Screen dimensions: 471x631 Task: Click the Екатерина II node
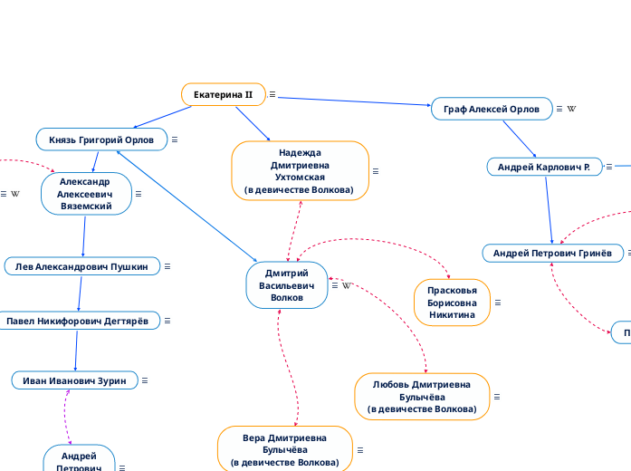tap(223, 94)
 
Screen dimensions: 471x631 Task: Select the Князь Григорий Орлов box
tap(101, 139)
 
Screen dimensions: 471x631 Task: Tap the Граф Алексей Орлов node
tap(492, 109)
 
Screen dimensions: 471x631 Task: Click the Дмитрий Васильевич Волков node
tap(287, 284)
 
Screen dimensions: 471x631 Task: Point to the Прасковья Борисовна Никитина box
tap(452, 303)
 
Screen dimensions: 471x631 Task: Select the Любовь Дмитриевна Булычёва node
tap(422, 397)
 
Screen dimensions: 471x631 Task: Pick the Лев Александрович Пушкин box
tap(82, 266)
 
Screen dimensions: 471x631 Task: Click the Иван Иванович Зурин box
tap(75, 380)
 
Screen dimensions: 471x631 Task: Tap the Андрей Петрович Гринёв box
tap(552, 253)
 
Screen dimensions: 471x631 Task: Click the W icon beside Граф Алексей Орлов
tap(571, 109)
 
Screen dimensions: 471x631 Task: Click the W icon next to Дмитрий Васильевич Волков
tap(346, 285)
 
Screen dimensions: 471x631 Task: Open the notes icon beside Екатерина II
tap(272, 94)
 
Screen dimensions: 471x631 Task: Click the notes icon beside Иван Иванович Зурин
tap(145, 380)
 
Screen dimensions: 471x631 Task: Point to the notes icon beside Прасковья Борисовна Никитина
tap(498, 303)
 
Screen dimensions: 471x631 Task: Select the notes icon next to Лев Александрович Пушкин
tap(167, 266)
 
